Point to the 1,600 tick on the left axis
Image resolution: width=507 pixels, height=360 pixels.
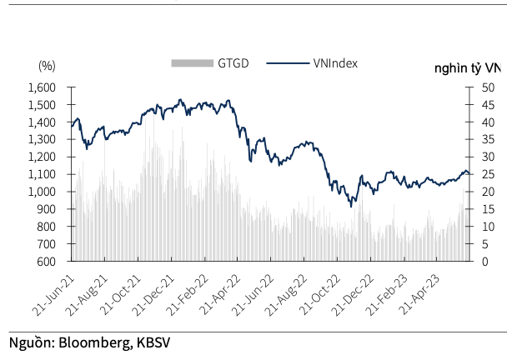pos(42,87)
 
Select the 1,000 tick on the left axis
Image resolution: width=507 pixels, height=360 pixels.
pos(42,192)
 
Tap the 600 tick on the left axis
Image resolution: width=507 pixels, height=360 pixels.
pos(47,262)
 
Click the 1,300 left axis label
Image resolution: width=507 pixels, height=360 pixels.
pos(42,140)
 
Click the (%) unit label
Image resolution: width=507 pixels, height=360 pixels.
pos(47,65)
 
